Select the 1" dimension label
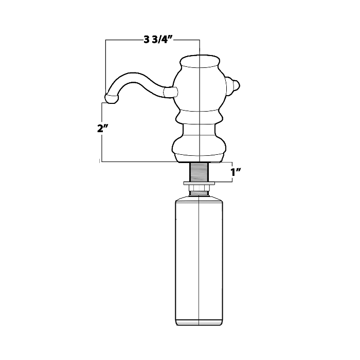pyautogui.click(x=236, y=172)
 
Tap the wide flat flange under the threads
pyautogui.click(x=198, y=183)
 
